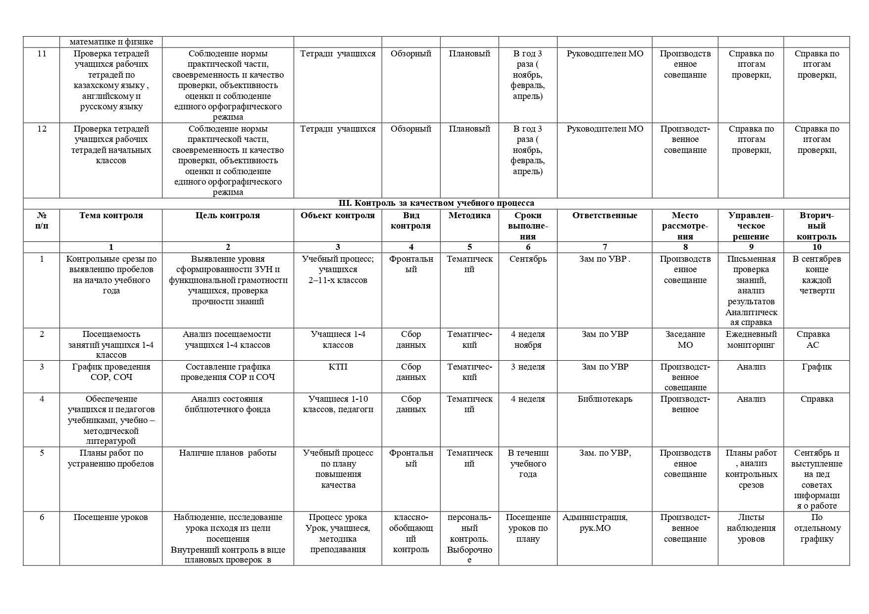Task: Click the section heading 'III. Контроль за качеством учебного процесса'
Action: pos(436,203)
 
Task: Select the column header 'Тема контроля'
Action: pos(111,215)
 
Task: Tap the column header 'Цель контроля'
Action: pos(228,215)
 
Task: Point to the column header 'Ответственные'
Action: pos(605,215)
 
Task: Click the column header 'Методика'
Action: pos(469,215)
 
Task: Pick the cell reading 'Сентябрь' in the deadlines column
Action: pos(528,259)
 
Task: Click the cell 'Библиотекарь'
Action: pos(605,399)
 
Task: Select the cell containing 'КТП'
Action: pos(338,367)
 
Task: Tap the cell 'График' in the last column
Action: pos(817,367)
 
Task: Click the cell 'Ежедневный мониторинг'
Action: pos(751,339)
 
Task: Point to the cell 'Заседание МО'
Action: pos(685,339)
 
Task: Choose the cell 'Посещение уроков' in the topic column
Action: pos(111,517)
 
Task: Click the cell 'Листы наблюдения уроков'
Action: pos(751,528)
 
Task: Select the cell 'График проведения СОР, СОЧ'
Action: pos(111,372)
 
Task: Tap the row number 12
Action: pos(42,129)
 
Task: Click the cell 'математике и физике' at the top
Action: pos(111,42)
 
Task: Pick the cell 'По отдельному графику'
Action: pos(817,528)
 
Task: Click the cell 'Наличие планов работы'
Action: pos(228,453)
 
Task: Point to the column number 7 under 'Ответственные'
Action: pos(605,247)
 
